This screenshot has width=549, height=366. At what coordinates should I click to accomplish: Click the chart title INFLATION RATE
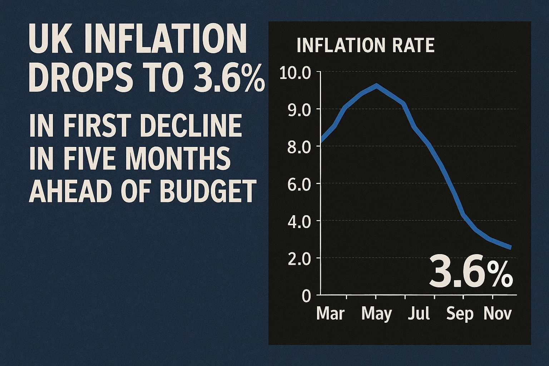(365, 46)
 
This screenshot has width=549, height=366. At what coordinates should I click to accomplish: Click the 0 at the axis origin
(306, 296)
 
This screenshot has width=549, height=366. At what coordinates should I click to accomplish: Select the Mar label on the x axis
(331, 314)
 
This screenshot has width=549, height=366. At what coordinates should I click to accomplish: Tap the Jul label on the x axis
(419, 314)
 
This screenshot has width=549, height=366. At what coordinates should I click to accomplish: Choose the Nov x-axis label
(497, 314)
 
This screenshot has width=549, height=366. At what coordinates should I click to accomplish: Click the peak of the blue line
(376, 85)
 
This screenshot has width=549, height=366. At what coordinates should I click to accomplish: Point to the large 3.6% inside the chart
(471, 271)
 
